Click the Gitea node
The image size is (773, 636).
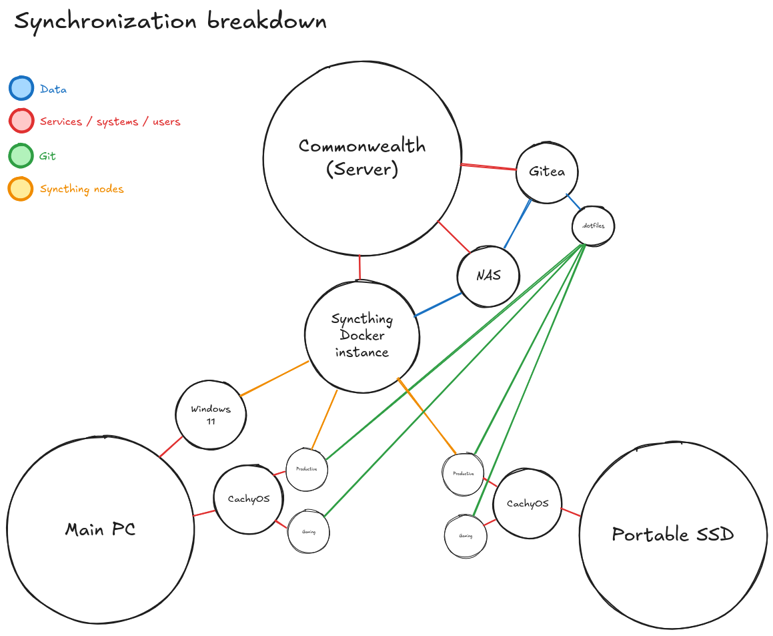(x=547, y=172)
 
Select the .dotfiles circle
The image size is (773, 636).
(x=593, y=226)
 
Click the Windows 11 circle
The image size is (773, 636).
(x=211, y=414)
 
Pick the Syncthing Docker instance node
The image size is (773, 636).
(x=362, y=336)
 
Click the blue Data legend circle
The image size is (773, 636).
(x=21, y=88)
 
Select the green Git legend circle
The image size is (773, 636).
(x=21, y=155)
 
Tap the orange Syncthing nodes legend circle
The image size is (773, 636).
(x=21, y=188)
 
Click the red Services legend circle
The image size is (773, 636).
(x=21, y=121)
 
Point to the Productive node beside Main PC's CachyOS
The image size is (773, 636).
(x=307, y=469)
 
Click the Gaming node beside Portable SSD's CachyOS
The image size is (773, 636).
(x=465, y=536)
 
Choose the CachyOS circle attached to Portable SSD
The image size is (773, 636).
(x=527, y=504)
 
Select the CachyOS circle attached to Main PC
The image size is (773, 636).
(x=249, y=499)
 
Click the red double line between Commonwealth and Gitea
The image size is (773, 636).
(x=489, y=167)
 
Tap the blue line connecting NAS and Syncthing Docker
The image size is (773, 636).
(x=438, y=304)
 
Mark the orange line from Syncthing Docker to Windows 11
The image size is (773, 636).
(x=273, y=379)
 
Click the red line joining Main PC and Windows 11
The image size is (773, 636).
(x=171, y=447)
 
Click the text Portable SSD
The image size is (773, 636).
(x=672, y=534)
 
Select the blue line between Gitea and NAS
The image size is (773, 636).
(x=518, y=224)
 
